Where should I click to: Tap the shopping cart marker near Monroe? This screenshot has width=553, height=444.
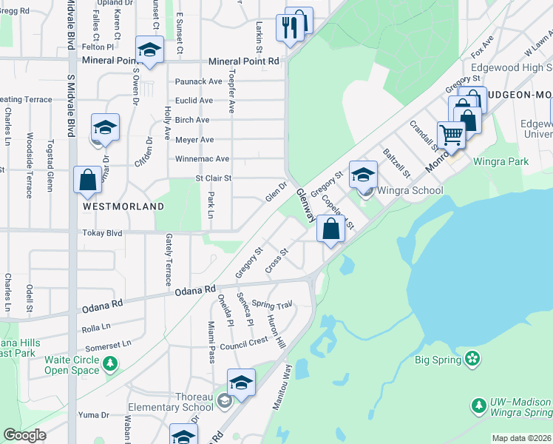click(451, 135)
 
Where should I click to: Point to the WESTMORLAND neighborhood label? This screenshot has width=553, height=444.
click(123, 206)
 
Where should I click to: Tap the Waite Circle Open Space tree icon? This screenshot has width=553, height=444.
click(110, 363)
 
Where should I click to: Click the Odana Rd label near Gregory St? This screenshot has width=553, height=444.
click(194, 291)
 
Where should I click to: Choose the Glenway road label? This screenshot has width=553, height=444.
click(306, 204)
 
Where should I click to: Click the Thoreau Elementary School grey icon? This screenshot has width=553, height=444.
click(224, 400)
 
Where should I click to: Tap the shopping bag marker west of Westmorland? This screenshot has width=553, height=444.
click(87, 180)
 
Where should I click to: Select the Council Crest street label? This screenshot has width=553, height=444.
click(243, 343)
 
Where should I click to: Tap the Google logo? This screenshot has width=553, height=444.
click(25, 435)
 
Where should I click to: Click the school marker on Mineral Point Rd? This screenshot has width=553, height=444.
click(150, 50)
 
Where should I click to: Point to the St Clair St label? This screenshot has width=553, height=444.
click(214, 178)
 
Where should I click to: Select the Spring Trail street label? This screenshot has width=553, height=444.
click(272, 305)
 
